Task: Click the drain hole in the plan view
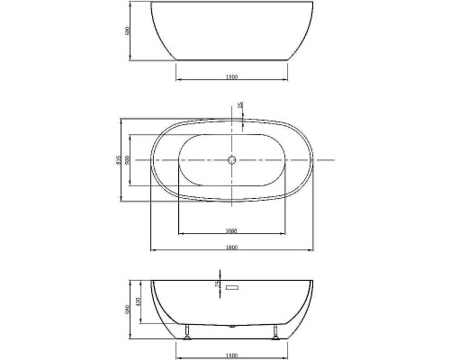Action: (x=232, y=160)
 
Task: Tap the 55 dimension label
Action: (x=240, y=107)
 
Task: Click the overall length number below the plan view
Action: (x=232, y=247)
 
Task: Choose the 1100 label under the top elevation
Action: (x=232, y=76)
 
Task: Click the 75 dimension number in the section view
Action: (x=217, y=286)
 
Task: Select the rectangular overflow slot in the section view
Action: (x=232, y=288)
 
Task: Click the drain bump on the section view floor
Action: (x=232, y=322)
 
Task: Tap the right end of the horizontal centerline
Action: (x=334, y=160)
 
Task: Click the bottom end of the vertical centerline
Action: (x=232, y=216)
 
